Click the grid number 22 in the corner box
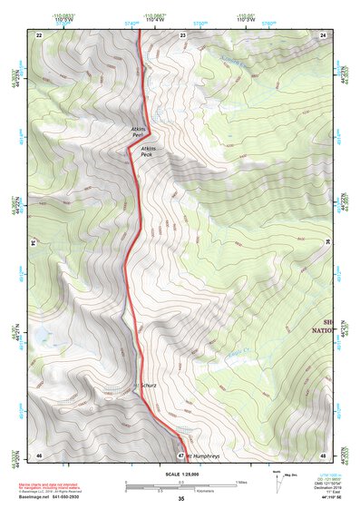pos(38,34)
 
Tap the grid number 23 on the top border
pos(182,34)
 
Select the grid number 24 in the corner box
pos(322,34)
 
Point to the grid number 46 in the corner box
pos(38,454)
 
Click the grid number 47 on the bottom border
pos(181,454)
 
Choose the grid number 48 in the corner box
pos(322,454)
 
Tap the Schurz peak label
pos(148,386)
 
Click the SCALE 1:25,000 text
pos(181,473)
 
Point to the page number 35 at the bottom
pos(181,500)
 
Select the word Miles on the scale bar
pos(239,482)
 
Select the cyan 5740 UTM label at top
pos(132,22)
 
